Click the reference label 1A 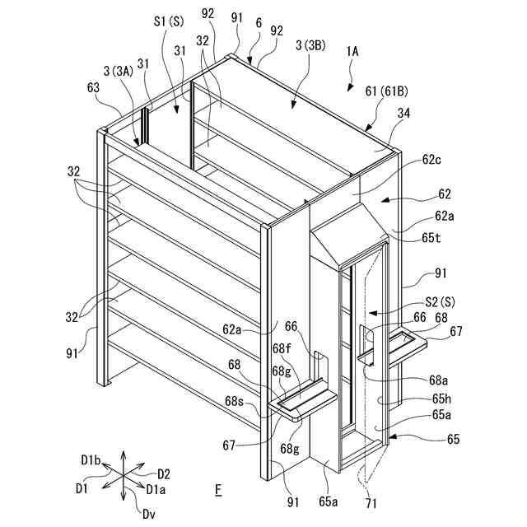(353, 50)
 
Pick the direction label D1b (91, 459)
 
